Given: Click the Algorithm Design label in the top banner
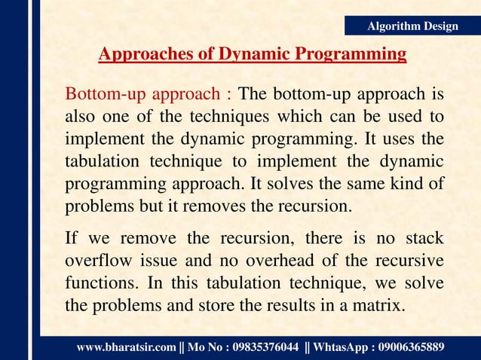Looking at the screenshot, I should (412, 26).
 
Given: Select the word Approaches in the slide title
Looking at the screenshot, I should (139, 55).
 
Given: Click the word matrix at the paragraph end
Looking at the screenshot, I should (381, 307).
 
